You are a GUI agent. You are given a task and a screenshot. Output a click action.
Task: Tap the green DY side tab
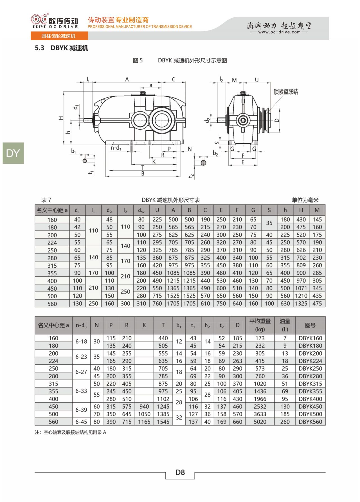13,153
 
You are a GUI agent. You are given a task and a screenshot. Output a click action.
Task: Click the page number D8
180,472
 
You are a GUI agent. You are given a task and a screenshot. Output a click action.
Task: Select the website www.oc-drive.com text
279,32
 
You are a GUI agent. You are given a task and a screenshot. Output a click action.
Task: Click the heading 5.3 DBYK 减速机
62,48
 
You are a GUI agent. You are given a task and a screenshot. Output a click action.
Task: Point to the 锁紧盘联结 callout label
286,92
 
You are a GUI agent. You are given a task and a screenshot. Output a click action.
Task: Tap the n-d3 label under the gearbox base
116,148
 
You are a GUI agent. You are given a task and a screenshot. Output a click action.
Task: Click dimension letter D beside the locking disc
277,120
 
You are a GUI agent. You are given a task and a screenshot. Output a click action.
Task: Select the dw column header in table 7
141,210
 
